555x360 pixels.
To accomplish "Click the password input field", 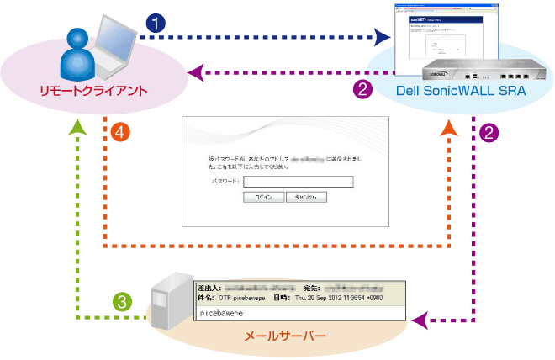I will pos(299,181).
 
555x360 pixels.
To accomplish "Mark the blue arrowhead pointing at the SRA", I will pos(384,36).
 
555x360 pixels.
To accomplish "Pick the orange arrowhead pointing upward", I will pos(449,126).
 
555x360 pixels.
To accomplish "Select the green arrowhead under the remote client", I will pos(77,125).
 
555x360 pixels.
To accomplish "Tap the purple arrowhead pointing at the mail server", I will pos(421,319).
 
